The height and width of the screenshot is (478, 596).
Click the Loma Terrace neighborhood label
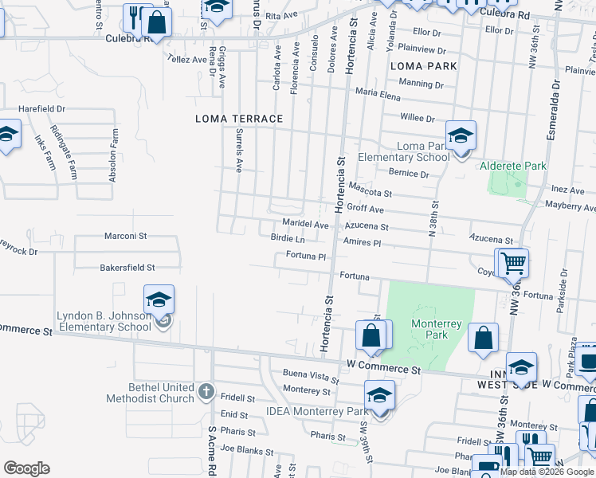pos(239,119)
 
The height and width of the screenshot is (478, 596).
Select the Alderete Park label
pos(512,166)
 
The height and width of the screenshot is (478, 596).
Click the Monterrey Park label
pos(431,329)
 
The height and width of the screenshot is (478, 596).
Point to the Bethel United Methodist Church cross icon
pos(206,390)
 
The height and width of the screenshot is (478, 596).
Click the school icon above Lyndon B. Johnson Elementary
pos(159,300)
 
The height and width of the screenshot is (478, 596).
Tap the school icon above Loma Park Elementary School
pos(461,135)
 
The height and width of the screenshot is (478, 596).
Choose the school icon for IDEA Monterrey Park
pos(380,394)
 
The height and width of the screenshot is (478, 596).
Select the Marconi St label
pos(126,236)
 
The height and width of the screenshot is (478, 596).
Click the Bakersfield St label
pos(127,268)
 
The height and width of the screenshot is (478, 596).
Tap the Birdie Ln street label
pos(288,238)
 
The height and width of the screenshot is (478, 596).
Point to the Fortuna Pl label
pos(307,257)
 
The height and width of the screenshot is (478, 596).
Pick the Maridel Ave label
pos(304,225)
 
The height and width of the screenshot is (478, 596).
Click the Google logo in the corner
pos(25,468)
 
